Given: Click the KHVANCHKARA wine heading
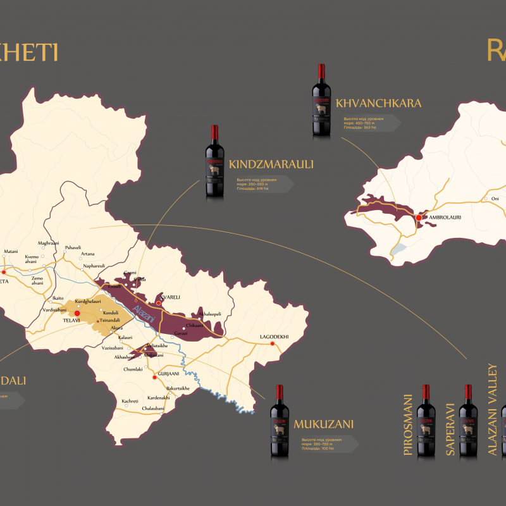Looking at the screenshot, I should click(x=379, y=103).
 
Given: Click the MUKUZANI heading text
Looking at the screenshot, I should click(x=323, y=424).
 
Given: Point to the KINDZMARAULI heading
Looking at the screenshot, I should click(x=271, y=164).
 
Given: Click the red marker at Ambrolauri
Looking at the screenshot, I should click(x=418, y=218).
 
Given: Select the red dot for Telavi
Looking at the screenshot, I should click(x=77, y=312).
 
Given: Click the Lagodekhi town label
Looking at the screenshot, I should click(x=274, y=336).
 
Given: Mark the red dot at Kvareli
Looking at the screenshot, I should click(x=159, y=303).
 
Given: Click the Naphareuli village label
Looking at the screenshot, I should click(x=94, y=266).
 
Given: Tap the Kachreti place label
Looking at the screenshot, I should click(x=130, y=401).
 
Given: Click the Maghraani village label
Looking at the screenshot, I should click(x=48, y=243).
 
